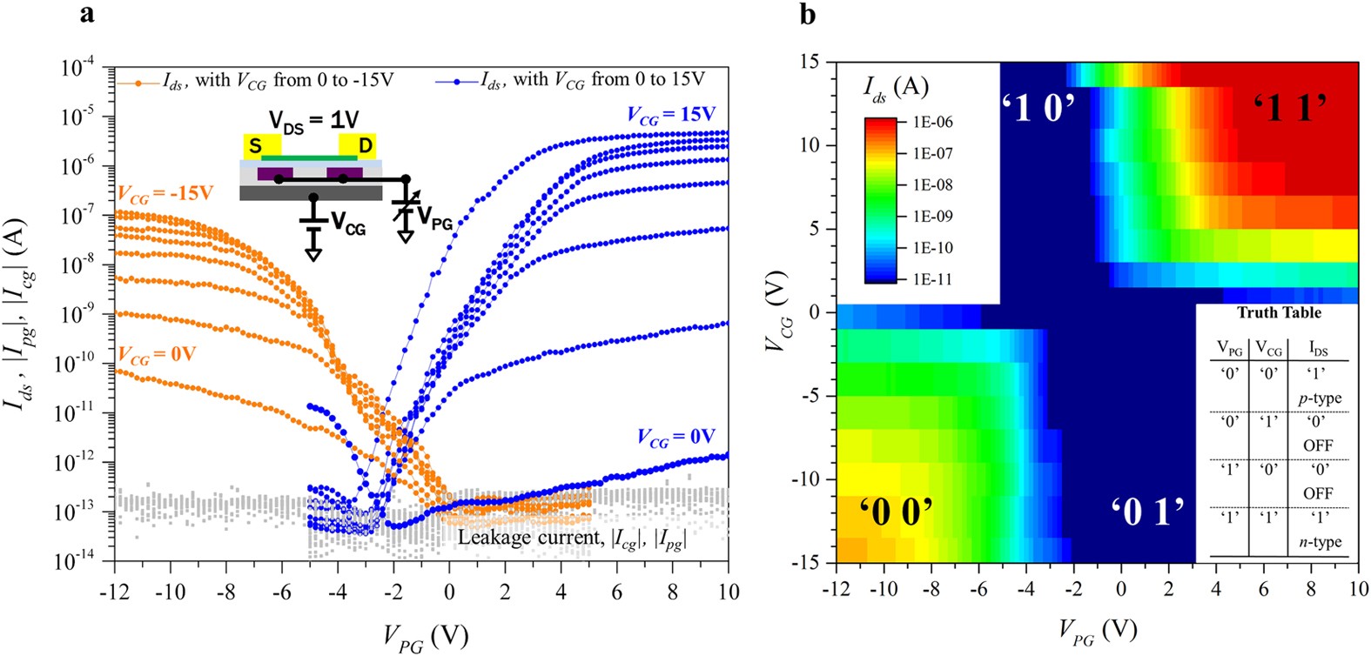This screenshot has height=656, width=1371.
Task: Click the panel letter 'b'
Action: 808,14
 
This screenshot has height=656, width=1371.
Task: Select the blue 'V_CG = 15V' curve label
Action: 670,115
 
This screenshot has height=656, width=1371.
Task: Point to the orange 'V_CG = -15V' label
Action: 165,193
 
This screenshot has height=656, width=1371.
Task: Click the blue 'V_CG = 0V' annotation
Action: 675,437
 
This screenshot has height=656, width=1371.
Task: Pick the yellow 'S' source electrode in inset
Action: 256,146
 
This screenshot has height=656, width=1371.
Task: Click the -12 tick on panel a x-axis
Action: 115,592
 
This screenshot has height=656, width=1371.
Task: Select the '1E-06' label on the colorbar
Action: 932,123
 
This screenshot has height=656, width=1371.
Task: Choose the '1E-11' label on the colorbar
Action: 932,279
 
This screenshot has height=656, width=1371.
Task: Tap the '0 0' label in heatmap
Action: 897,512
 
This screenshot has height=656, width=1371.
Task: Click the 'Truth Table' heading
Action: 1278,312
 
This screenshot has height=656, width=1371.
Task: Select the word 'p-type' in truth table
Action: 1320,398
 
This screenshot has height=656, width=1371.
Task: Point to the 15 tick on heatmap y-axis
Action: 810,62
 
